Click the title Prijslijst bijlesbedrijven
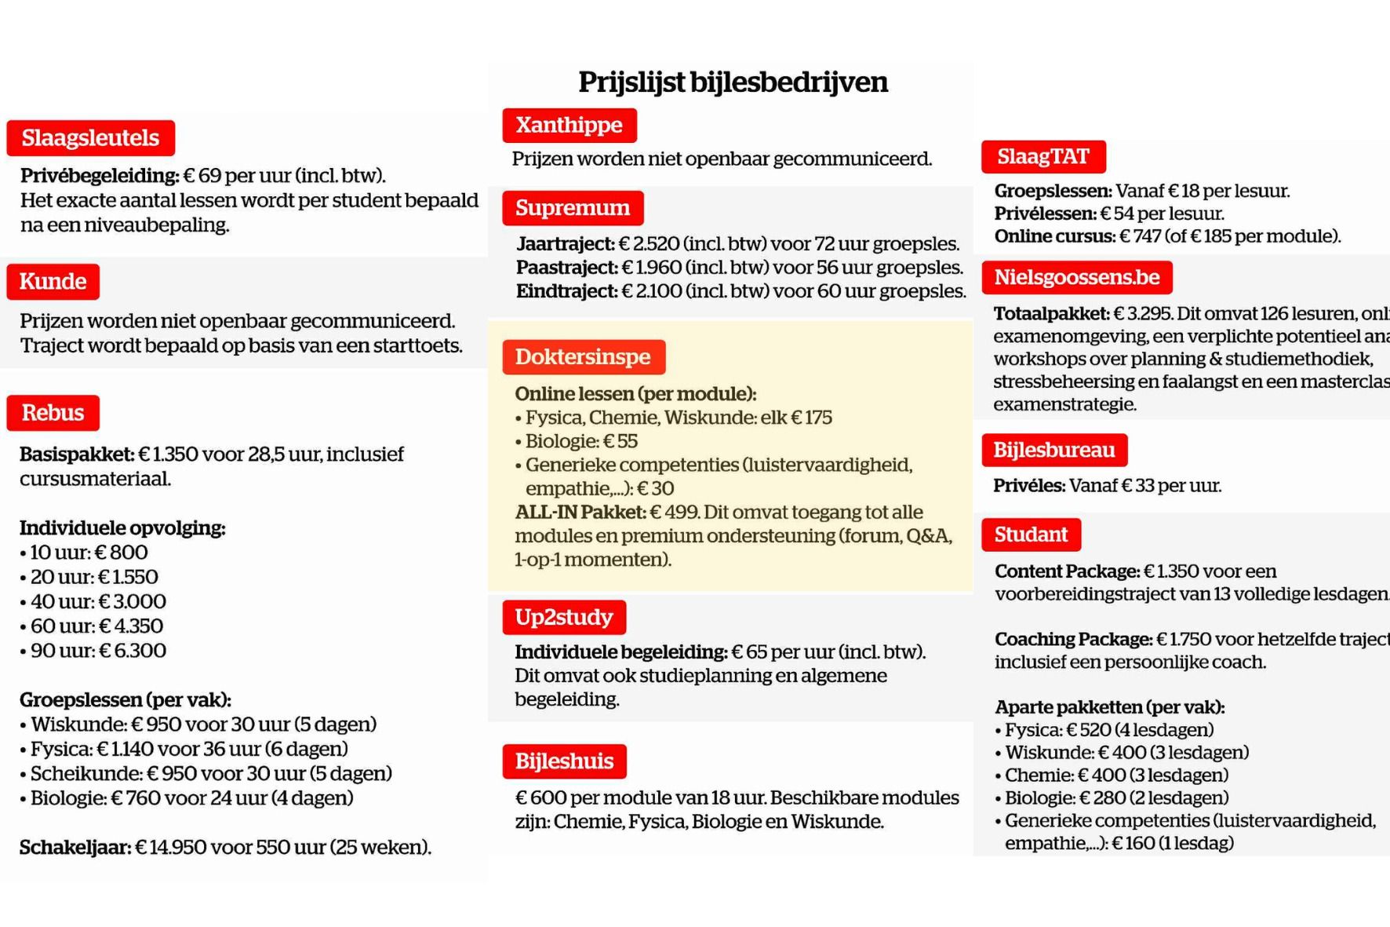point(733,82)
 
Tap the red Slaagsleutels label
point(90,138)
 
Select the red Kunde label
point(53,282)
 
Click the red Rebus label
point(53,413)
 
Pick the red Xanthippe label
point(569,126)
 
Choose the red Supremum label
point(573,208)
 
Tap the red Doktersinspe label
point(583,357)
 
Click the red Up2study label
point(563,617)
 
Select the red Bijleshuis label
point(564,761)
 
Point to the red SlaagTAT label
point(1042,157)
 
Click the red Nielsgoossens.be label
point(1076,278)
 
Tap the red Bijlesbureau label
point(1053,451)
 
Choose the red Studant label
point(1031,535)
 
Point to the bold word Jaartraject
point(565,244)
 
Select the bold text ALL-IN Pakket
point(580,513)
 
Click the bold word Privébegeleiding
point(100,175)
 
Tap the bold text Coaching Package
point(1073,640)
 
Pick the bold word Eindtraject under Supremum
point(566,291)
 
